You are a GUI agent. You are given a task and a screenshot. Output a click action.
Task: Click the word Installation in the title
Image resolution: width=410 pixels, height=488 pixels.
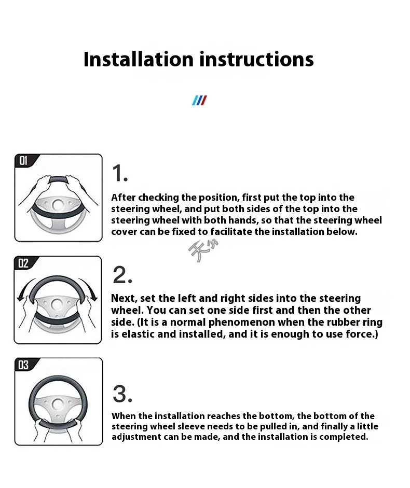click(139, 59)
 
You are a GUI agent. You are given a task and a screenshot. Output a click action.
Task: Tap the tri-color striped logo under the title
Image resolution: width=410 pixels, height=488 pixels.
click(199, 100)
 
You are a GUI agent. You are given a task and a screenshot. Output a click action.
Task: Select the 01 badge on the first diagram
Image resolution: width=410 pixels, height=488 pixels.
click(24, 161)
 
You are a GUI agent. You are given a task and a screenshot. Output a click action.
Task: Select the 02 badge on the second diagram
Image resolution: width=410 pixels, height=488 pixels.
click(24, 263)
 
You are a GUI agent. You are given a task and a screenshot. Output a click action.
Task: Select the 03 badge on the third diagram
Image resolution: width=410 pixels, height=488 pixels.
click(24, 366)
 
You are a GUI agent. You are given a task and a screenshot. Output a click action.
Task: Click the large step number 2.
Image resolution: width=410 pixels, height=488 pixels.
click(122, 274)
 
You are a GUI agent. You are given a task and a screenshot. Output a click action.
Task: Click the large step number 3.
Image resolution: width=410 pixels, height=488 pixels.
click(122, 394)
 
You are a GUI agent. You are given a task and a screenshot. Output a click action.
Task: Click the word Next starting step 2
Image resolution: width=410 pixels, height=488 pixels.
click(123, 298)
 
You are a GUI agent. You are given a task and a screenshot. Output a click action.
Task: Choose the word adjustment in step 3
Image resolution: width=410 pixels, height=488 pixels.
click(136, 437)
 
